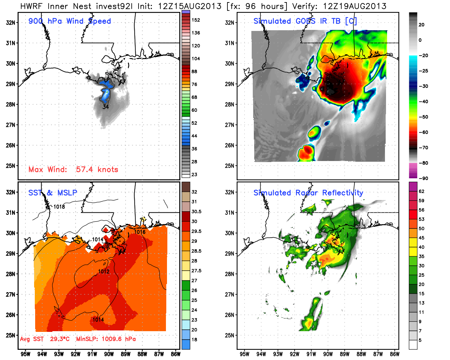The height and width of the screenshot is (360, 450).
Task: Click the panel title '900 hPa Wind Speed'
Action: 70,21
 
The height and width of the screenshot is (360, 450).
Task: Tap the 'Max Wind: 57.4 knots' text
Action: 73,169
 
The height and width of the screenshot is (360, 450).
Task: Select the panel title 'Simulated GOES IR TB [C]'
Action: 305,21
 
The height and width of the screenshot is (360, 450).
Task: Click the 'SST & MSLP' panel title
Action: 52,193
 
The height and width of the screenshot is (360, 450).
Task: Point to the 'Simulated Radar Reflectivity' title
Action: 308,193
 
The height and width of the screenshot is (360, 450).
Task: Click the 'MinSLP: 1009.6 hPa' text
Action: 106,339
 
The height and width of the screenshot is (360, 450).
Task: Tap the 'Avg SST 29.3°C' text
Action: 45,339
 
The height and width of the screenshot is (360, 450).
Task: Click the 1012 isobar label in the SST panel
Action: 104,271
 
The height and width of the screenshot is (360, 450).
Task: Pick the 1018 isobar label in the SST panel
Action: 59,207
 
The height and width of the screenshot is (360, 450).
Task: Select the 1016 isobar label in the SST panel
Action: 140,232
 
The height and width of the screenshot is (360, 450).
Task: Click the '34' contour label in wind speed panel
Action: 105,107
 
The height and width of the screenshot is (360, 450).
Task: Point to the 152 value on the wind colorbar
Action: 196,20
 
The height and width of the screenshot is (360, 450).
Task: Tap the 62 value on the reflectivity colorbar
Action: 422,191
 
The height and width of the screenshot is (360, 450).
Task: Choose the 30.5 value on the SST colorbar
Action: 196,212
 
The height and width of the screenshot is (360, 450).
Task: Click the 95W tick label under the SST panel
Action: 25,354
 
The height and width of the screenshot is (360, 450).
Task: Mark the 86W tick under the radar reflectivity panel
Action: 394,354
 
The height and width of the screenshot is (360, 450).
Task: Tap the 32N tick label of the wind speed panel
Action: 11,23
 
